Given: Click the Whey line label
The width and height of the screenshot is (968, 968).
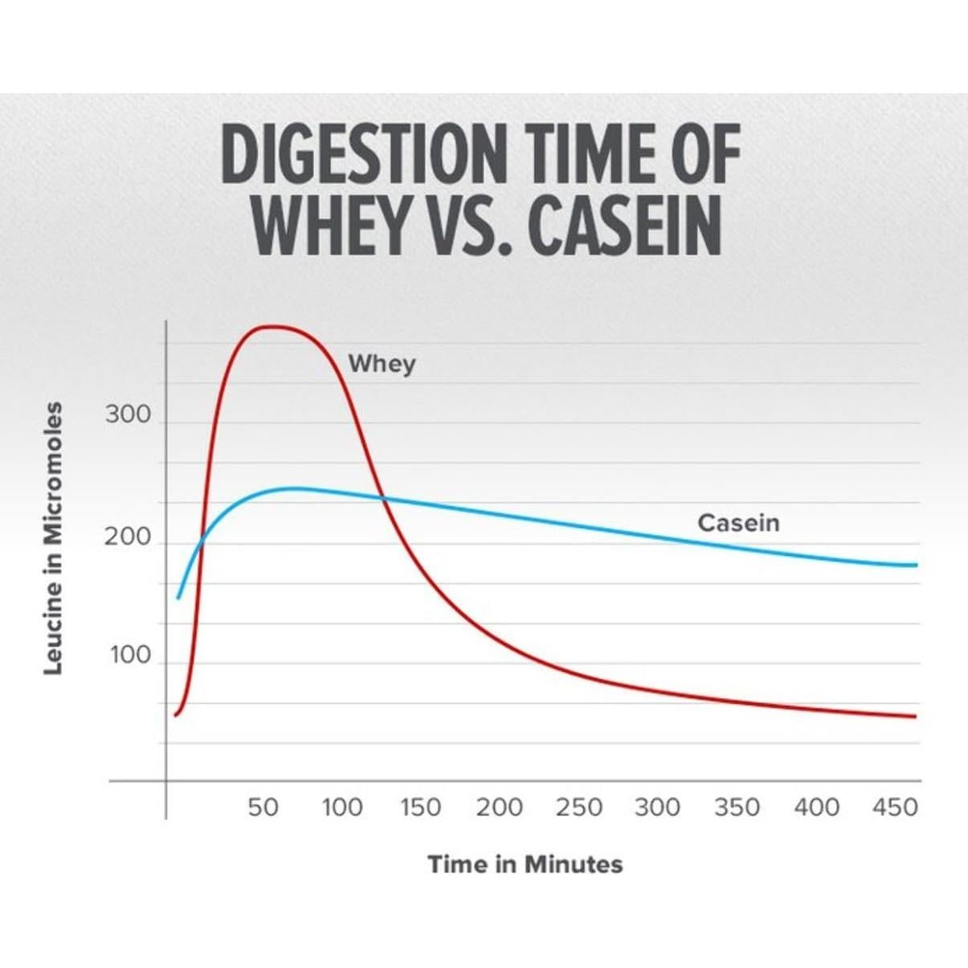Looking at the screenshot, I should point(382,364).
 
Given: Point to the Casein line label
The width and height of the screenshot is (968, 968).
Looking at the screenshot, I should point(738,523).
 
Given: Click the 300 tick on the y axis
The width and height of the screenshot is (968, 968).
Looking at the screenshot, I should point(128,415).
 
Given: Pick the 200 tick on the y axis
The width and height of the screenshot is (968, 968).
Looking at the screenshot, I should point(128,537).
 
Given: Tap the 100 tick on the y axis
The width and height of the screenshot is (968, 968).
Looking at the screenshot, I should point(130,656).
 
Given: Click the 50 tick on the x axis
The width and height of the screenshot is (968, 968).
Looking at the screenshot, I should point(263,807).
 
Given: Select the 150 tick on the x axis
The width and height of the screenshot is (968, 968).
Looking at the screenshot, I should point(421,807).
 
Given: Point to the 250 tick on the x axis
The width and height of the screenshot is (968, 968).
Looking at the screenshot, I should point(578,807).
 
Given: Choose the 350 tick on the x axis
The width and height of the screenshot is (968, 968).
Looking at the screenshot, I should point(737,807).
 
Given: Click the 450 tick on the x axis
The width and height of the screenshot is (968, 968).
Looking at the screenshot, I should point(895,807).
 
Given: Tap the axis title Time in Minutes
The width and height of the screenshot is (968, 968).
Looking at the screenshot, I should point(525,864).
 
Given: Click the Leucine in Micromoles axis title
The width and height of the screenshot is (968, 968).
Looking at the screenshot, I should point(52,538).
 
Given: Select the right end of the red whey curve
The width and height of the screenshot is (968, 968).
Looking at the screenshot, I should point(915,717).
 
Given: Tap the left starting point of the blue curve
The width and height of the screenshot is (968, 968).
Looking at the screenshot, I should point(178,598).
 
